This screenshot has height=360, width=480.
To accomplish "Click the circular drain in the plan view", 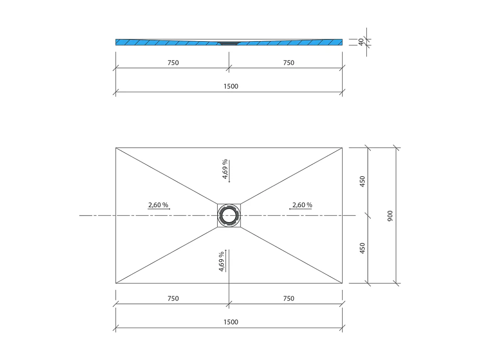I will click(x=229, y=216).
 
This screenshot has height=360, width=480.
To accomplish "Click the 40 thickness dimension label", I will click(x=361, y=42).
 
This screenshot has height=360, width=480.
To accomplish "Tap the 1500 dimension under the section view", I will click(x=231, y=86).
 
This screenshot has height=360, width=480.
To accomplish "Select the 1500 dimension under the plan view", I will click(x=231, y=322).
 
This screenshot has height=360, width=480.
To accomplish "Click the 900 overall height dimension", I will click(x=390, y=216).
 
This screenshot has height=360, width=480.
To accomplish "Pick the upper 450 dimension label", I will click(x=362, y=181).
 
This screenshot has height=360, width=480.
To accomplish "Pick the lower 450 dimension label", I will click(x=362, y=248).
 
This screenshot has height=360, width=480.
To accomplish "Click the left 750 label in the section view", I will click(x=173, y=63).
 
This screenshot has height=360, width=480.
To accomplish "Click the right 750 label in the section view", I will click(x=288, y=63).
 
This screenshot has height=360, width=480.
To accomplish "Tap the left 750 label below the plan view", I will click(x=173, y=299).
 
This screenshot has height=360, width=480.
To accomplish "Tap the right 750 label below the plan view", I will click(x=288, y=299).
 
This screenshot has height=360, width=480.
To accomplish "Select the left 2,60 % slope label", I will click(x=158, y=205).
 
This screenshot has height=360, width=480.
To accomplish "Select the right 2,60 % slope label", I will click(x=302, y=205).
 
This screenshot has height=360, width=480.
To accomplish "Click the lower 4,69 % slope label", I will click(x=222, y=261).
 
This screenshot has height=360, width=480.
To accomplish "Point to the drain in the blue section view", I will click(x=229, y=42).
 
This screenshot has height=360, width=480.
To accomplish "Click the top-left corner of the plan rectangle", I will click(x=116, y=147).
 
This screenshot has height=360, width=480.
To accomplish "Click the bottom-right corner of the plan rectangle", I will click(x=342, y=283).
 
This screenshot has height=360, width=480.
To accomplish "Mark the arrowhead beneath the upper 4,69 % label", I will click(x=229, y=181).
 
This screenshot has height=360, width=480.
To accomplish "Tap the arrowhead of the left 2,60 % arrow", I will click(x=169, y=209).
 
